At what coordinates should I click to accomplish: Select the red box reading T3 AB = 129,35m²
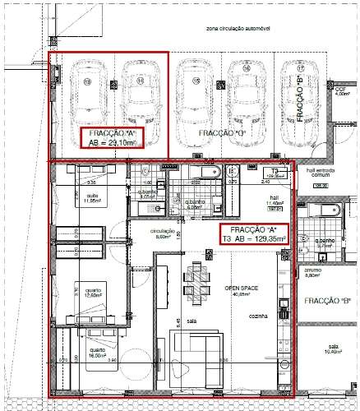254,233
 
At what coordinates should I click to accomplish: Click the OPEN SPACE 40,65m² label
241,291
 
